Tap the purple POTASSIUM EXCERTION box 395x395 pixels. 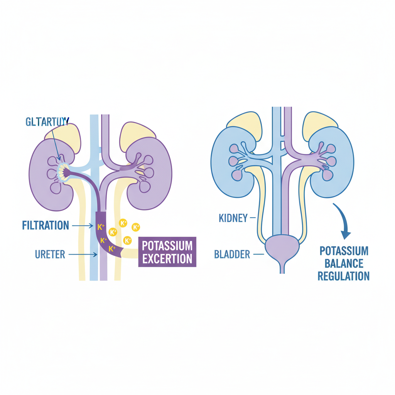point(167,252)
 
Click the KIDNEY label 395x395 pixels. point(233,218)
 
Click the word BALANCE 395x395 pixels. point(344,263)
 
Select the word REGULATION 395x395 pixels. point(344,276)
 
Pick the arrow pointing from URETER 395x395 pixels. point(83,254)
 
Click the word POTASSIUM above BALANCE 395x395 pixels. point(344,251)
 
